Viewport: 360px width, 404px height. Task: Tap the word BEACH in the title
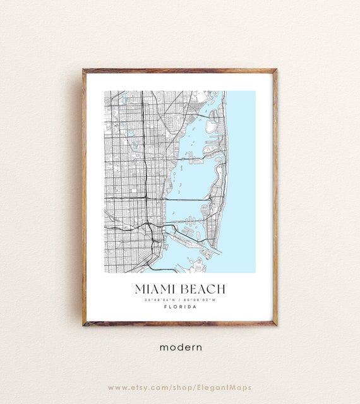point(203,289)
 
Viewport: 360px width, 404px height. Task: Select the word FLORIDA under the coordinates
point(180,307)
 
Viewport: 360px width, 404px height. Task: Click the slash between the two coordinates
point(180,299)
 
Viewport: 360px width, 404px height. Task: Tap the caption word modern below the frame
point(180,347)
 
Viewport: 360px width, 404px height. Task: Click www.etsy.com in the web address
point(135,388)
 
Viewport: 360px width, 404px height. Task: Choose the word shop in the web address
point(186,388)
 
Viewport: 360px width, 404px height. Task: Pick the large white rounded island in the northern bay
point(211,126)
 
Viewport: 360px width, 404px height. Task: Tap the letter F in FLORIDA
point(165,307)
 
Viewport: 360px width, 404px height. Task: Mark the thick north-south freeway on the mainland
point(144,164)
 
